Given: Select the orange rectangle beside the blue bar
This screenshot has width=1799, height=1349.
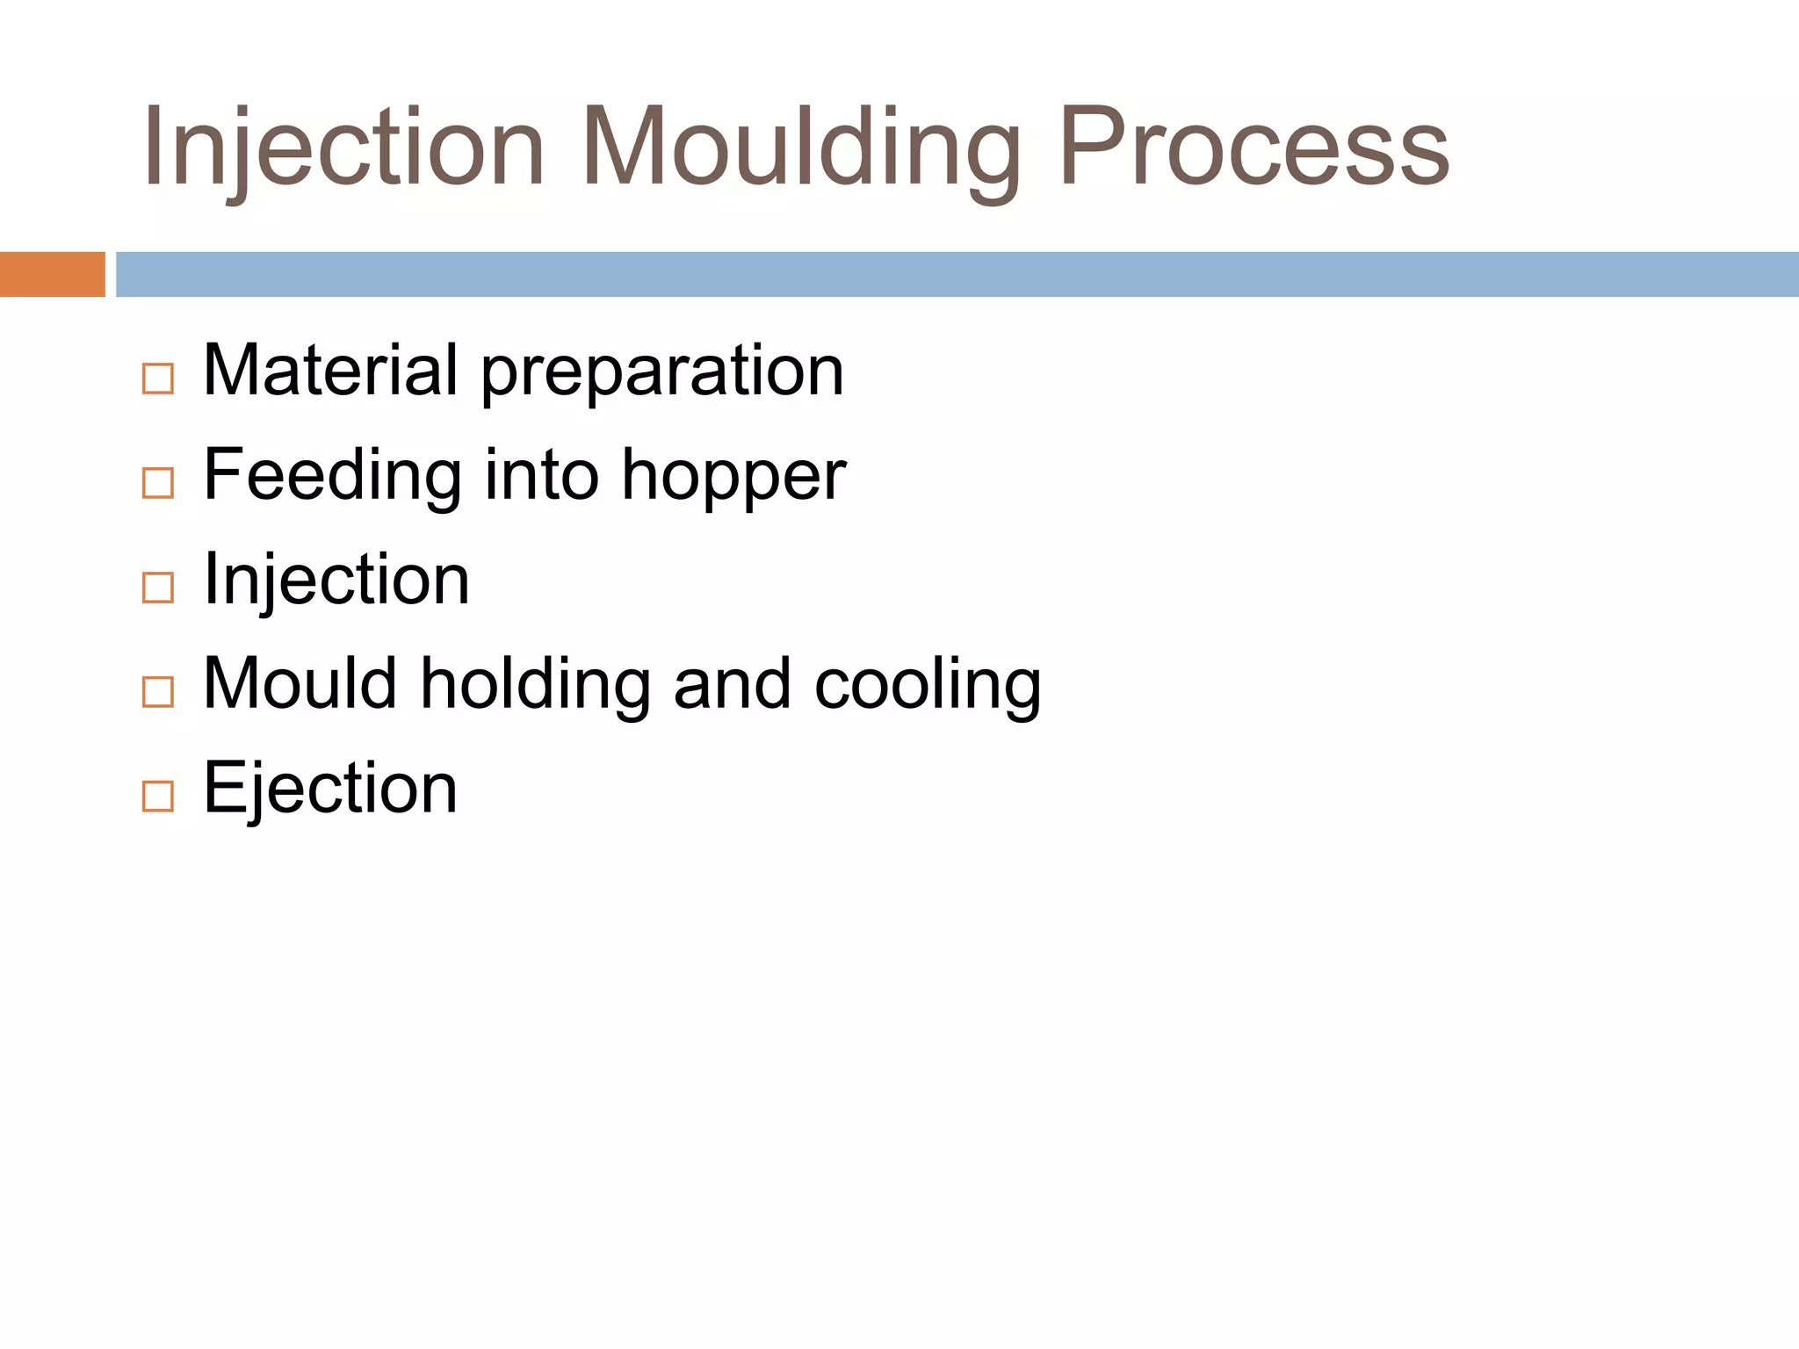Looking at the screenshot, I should point(52,274).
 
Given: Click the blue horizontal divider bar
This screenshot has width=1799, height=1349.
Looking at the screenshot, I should point(957,274).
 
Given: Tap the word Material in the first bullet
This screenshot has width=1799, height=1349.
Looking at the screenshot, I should point(330,370).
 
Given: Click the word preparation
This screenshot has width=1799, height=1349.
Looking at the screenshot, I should point(662,372).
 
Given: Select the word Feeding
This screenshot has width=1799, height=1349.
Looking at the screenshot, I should point(332,476).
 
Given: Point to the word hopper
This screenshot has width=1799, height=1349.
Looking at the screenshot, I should point(733,478).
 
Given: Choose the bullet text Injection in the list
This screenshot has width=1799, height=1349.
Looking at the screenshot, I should point(336,581).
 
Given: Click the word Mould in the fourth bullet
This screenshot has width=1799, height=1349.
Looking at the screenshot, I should point(300,683).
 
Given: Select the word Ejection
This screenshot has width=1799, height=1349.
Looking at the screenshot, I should point(330,789).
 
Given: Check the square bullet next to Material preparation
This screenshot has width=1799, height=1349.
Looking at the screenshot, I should point(158,379).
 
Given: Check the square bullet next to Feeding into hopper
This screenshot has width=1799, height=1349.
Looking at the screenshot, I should point(158,483).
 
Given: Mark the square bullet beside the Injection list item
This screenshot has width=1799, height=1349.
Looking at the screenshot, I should point(158,588).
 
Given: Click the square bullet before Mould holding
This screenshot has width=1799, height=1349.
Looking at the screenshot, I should point(158,692).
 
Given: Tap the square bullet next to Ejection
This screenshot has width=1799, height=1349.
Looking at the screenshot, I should point(158,797).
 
